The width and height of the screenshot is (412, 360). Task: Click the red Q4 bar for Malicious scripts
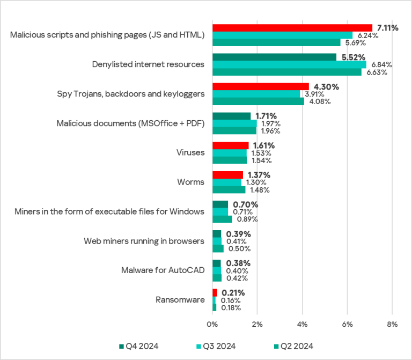292,28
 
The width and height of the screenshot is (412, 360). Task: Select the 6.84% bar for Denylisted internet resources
289,64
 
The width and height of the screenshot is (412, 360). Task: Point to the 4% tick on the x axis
302,325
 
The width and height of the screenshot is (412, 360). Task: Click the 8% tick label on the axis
392,325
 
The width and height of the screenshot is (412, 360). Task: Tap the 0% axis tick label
212,325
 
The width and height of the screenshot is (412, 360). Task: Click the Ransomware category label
180,299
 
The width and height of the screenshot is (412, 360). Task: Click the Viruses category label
190,152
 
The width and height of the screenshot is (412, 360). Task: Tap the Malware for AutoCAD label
163,270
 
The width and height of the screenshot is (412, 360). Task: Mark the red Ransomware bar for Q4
215,292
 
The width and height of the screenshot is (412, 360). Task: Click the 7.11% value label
387,28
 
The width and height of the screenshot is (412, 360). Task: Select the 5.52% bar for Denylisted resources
274,57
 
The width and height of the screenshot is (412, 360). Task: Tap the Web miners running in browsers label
144,241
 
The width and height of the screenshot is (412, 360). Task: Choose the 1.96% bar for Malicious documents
234,130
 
